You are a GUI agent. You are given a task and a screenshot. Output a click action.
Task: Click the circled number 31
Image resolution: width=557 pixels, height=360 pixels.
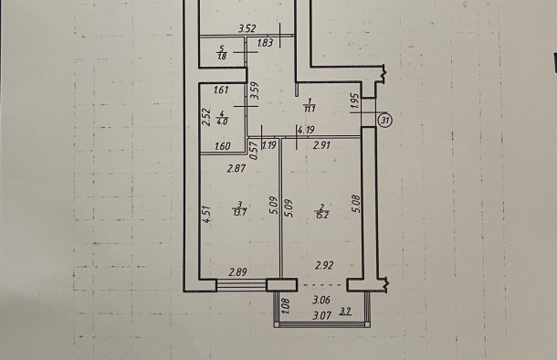pyautogui.click(x=385, y=121)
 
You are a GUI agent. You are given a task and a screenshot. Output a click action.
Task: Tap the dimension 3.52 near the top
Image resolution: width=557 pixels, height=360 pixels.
pyautogui.click(x=247, y=28)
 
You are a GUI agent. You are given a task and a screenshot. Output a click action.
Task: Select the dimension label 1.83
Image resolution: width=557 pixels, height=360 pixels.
pyautogui.click(x=265, y=43)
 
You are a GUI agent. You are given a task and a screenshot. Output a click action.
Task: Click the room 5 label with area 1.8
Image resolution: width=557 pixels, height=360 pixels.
pyautogui.click(x=223, y=53)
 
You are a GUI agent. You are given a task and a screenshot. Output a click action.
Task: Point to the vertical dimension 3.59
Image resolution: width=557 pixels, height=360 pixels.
pyautogui.click(x=255, y=91)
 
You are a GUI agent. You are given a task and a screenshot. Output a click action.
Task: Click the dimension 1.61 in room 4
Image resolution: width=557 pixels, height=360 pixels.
pyautogui.click(x=221, y=90)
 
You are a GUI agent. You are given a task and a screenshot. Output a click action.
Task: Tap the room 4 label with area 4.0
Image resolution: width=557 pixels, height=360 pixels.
pyautogui.click(x=223, y=118)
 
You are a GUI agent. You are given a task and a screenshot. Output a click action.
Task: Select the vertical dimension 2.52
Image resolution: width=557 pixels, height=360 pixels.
pyautogui.click(x=206, y=117)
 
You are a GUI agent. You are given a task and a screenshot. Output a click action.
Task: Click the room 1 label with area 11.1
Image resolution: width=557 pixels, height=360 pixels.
pyautogui.click(x=310, y=105)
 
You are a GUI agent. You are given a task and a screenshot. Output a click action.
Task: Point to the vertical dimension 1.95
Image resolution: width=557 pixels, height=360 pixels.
pyautogui.click(x=355, y=101)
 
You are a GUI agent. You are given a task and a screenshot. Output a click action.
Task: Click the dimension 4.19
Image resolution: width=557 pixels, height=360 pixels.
pyautogui.click(x=306, y=130)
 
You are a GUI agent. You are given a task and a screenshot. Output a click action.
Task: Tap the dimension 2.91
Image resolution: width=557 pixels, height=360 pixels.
pyautogui.click(x=321, y=145)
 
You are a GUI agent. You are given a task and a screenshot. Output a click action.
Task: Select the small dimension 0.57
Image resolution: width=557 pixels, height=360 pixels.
pyautogui.click(x=254, y=151)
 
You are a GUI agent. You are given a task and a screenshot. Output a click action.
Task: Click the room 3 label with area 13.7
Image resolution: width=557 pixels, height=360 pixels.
pyautogui.click(x=240, y=208)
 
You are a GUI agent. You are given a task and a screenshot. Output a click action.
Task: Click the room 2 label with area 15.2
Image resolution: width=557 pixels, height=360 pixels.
pyautogui.click(x=321, y=211)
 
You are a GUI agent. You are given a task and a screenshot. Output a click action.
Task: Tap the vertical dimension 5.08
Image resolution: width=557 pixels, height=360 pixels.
pyautogui.click(x=357, y=204)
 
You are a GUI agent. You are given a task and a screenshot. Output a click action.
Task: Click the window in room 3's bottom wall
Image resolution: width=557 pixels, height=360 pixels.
pyautogui.click(x=242, y=285)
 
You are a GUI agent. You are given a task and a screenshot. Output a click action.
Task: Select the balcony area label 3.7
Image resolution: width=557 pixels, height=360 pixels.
pyautogui.click(x=346, y=312)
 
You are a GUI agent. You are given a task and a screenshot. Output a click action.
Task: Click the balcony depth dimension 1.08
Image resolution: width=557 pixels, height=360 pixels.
pyautogui.click(x=286, y=305)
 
